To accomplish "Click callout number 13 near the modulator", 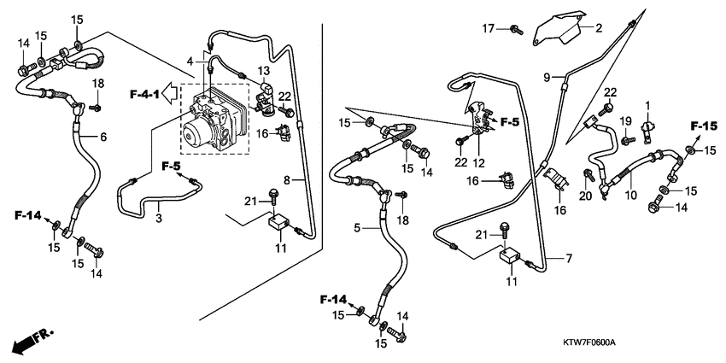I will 264,70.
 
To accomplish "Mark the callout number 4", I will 190,60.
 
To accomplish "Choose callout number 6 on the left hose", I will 103,137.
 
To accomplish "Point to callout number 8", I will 288,180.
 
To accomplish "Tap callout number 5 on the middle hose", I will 356,228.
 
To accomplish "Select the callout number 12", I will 478,162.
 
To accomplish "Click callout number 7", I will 565,258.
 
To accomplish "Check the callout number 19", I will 624,120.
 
